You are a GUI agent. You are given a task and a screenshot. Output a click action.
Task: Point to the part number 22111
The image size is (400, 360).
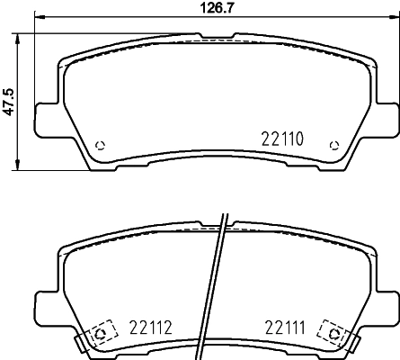284,328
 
